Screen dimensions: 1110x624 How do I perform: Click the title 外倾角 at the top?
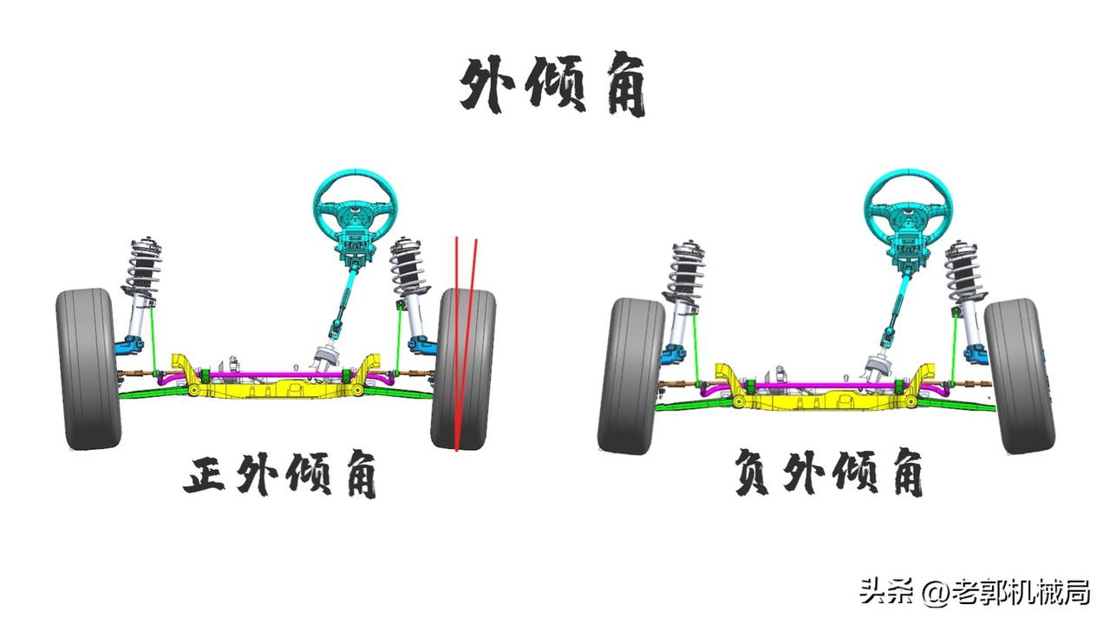pos(553,87)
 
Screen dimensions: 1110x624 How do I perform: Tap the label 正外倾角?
pos(280,476)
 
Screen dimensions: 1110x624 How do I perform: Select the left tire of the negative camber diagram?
pos(630,374)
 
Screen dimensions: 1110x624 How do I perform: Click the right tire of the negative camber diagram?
pos(1016,374)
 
